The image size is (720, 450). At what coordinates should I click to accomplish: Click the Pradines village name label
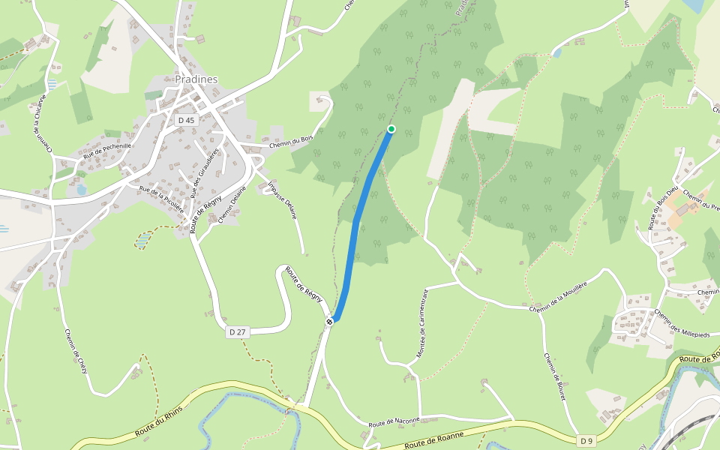coord(196,79)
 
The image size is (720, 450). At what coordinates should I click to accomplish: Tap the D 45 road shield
coord(185,120)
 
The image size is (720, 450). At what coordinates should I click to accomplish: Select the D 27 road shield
coord(237,331)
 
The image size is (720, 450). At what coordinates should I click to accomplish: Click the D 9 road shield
coord(587,440)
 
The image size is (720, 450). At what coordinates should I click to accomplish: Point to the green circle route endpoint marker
coord(391,130)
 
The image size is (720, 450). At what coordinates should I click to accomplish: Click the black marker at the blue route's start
coord(329,321)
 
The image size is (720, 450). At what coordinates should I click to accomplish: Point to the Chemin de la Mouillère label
coord(557,295)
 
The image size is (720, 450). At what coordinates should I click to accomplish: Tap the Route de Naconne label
coord(393,422)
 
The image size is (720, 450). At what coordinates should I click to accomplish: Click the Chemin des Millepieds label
coord(682,323)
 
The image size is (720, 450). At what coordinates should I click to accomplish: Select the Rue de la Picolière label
coord(161,199)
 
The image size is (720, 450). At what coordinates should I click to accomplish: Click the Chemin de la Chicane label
coord(40,124)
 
